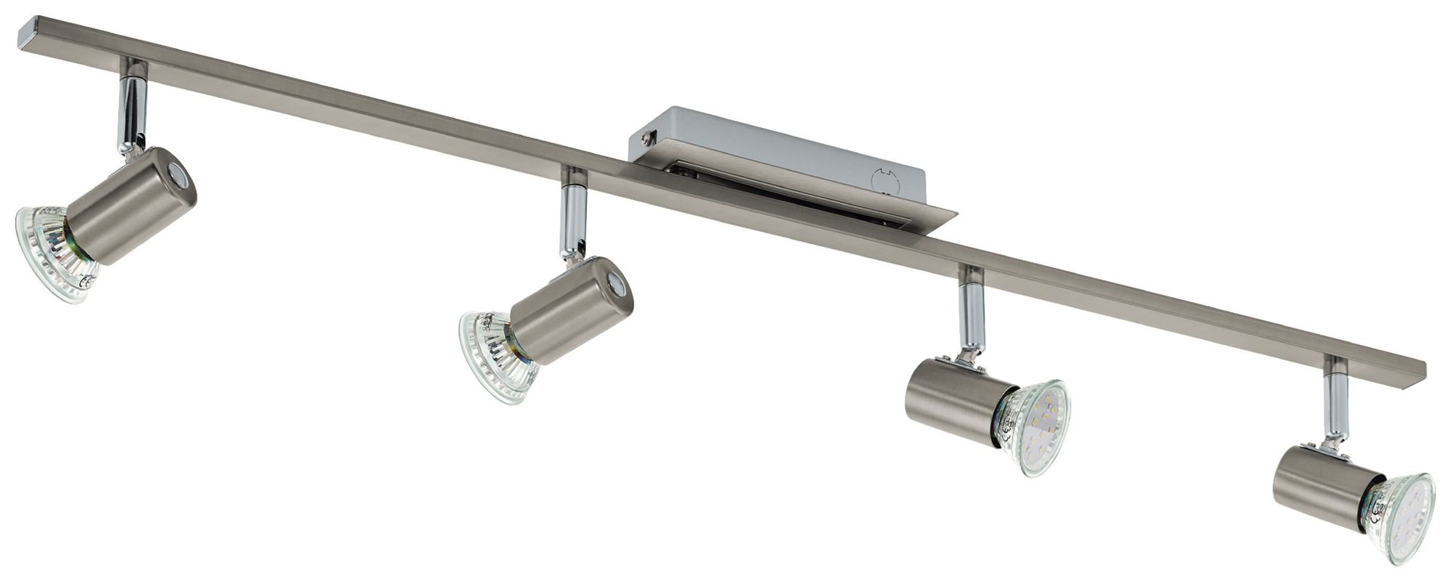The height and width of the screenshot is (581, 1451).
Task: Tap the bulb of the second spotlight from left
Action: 493,356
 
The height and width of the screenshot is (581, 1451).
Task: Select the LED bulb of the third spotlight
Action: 1034,428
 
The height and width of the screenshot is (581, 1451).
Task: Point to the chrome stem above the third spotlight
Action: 970,316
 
